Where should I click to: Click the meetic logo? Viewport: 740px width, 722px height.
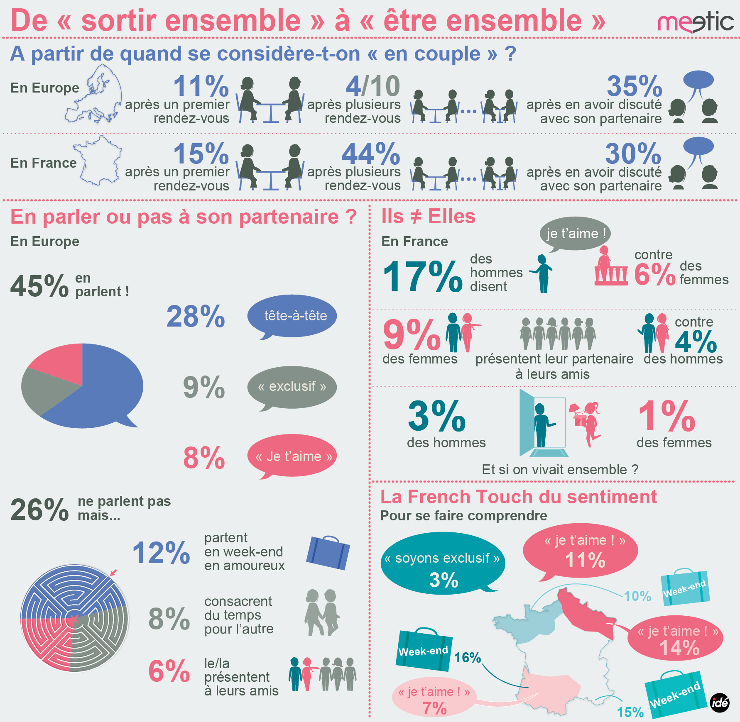click(x=696, y=23)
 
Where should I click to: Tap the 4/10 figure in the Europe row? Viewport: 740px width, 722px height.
click(x=372, y=86)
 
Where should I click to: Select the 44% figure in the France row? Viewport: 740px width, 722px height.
click(x=371, y=154)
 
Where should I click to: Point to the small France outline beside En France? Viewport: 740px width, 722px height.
click(x=99, y=161)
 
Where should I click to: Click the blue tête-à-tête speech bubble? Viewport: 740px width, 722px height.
click(x=292, y=316)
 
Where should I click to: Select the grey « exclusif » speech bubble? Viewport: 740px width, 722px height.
click(x=292, y=387)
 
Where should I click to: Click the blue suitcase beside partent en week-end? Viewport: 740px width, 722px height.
click(x=328, y=552)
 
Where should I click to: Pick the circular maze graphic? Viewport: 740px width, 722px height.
click(x=75, y=618)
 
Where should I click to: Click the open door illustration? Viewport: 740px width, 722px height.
click(x=542, y=423)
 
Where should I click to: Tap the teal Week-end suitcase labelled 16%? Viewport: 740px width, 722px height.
click(x=424, y=650)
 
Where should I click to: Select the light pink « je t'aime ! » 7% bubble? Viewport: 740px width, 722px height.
click(x=434, y=697)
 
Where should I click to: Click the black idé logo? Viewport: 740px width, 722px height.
click(x=719, y=703)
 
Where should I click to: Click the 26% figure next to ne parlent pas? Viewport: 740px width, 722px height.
click(x=39, y=510)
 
